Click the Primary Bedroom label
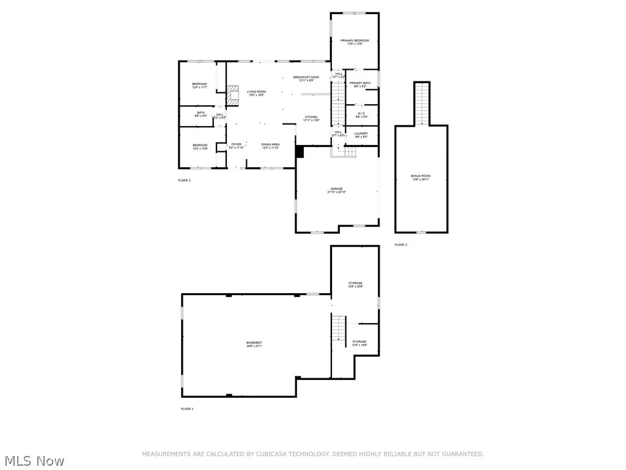(x=355, y=42)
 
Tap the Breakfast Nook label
(x=306, y=78)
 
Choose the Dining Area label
(x=270, y=146)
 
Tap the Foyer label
(x=236, y=146)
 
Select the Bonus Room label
(x=421, y=177)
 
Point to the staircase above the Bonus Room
(x=422, y=103)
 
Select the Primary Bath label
(x=360, y=84)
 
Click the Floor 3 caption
(x=400, y=245)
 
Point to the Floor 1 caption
(x=187, y=408)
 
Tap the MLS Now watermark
(x=34, y=460)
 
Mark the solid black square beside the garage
(x=300, y=151)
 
